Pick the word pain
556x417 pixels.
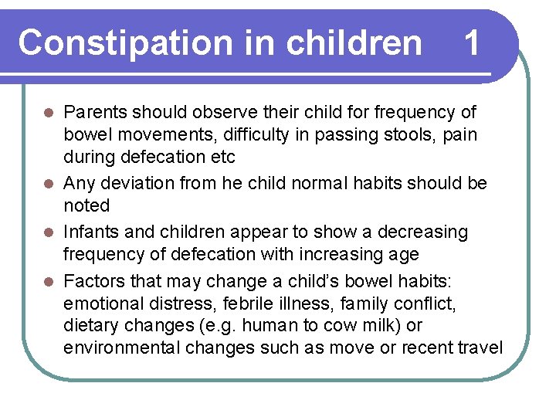461,135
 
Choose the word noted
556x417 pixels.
86,205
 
